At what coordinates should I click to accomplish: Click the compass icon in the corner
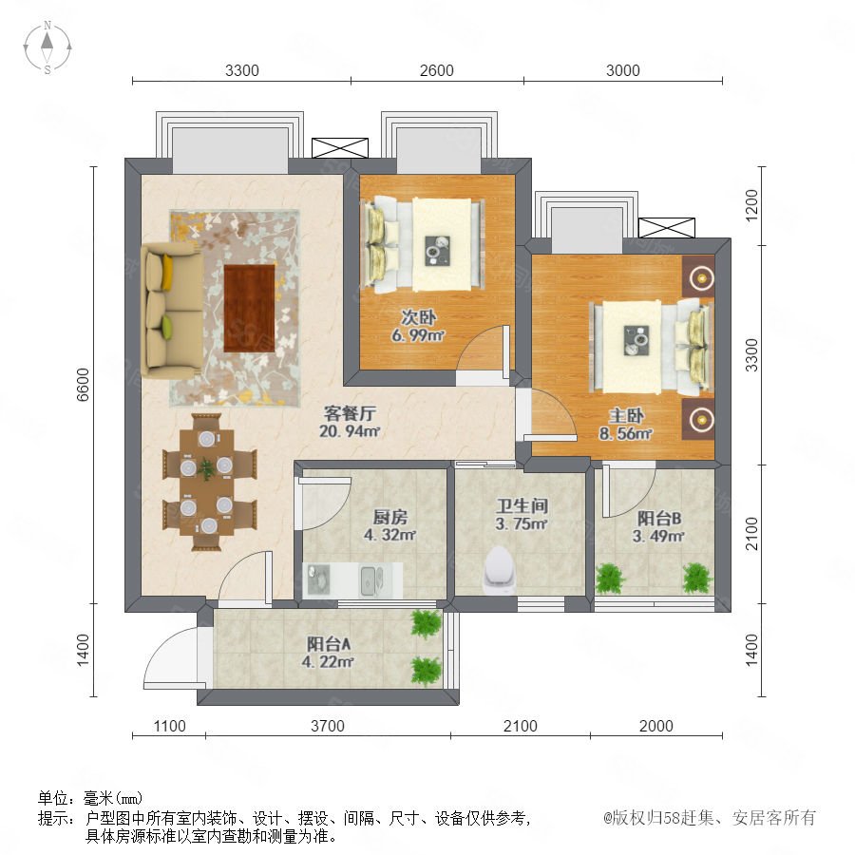[47, 47]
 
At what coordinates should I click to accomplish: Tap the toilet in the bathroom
[499, 570]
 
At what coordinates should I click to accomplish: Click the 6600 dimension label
[83, 385]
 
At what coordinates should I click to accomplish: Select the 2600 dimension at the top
[437, 70]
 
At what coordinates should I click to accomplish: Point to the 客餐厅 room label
[350, 413]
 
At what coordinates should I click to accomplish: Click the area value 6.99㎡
[418, 335]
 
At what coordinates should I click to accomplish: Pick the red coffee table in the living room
[249, 308]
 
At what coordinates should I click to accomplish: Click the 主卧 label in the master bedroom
[626, 416]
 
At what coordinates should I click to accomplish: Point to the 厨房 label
[389, 517]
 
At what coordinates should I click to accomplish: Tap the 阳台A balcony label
[329, 644]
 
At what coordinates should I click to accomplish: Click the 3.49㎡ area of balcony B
[658, 536]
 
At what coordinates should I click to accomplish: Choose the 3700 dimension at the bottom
[328, 726]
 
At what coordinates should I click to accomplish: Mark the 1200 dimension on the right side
[751, 205]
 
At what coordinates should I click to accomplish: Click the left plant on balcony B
[609, 579]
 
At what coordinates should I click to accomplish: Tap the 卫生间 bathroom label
[522, 505]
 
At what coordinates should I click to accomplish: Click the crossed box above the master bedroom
[666, 228]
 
